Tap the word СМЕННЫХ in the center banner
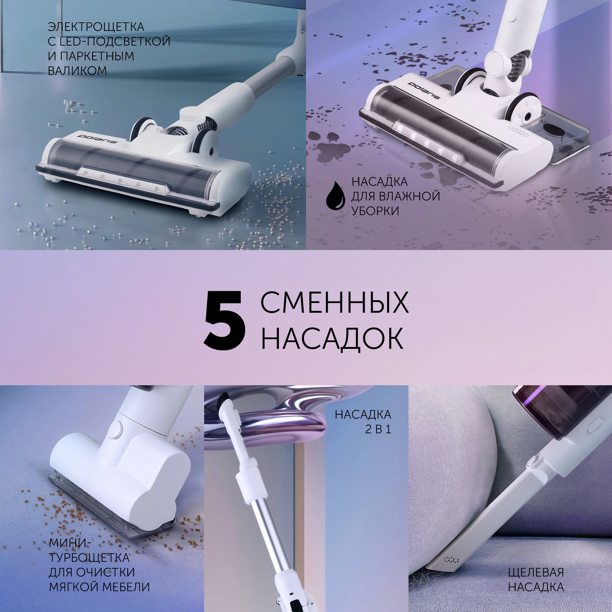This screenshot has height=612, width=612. [x=334, y=303]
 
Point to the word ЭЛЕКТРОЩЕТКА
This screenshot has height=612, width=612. [x=96, y=27]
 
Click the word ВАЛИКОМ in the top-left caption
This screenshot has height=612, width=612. [x=77, y=71]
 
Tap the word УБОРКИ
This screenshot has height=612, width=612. [x=375, y=211]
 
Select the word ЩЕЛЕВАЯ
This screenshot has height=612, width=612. [x=536, y=563]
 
